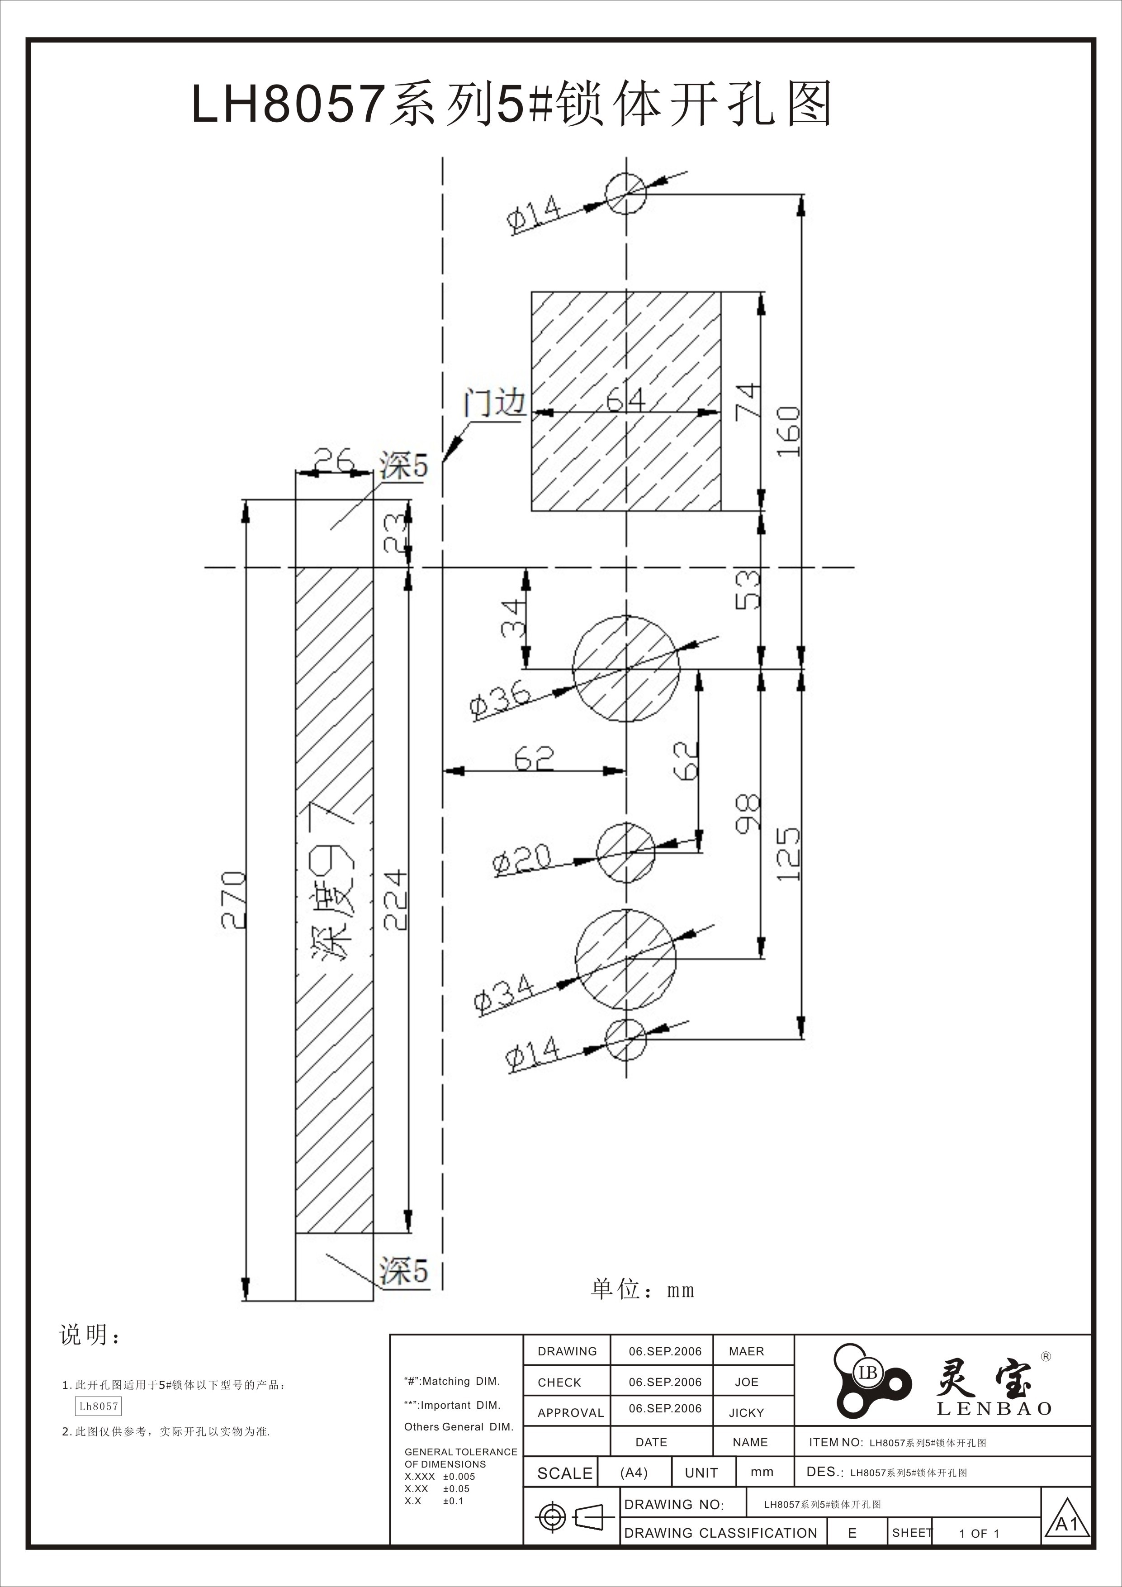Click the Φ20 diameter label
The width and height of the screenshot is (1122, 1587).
521,860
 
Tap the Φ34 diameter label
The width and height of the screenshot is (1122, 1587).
504,994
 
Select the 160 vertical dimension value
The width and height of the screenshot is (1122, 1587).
788,431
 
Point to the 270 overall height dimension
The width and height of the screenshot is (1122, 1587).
233,900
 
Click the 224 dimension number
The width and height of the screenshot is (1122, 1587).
396,900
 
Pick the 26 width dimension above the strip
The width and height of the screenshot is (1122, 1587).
334,460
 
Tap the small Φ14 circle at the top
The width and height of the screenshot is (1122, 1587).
626,194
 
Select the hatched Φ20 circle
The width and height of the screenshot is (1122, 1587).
626,852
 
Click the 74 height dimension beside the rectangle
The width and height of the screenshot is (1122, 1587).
748,401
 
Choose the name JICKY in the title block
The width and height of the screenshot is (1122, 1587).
746,1413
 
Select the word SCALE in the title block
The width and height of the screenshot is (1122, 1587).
564,1473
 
